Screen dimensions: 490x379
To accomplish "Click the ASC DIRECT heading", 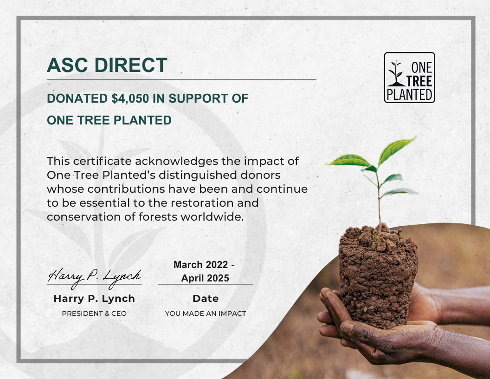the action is point(107,65).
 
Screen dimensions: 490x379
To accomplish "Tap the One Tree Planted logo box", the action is point(409,78).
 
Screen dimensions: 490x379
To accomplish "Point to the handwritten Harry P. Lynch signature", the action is point(94,277).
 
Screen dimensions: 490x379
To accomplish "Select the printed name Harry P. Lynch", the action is point(94,299).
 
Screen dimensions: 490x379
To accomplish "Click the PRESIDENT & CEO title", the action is point(94,314).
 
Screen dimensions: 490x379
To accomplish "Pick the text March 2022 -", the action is point(204,265).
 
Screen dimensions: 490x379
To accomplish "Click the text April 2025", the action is point(205,278).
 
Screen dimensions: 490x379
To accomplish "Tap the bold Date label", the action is point(206,299).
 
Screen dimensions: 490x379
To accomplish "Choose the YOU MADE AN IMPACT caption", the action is point(206,314).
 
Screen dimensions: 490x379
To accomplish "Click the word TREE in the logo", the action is point(419,81).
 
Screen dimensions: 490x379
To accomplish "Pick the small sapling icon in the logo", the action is point(396,73).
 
